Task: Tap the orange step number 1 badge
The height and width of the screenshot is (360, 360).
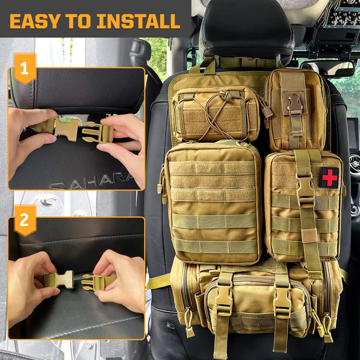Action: [24, 68]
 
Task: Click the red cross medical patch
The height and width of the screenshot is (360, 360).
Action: [329, 177]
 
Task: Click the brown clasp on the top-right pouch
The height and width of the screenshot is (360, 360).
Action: [294, 103]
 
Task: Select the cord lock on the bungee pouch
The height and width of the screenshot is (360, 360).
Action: [226, 96]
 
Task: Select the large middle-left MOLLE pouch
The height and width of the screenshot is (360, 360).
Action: [213, 202]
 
